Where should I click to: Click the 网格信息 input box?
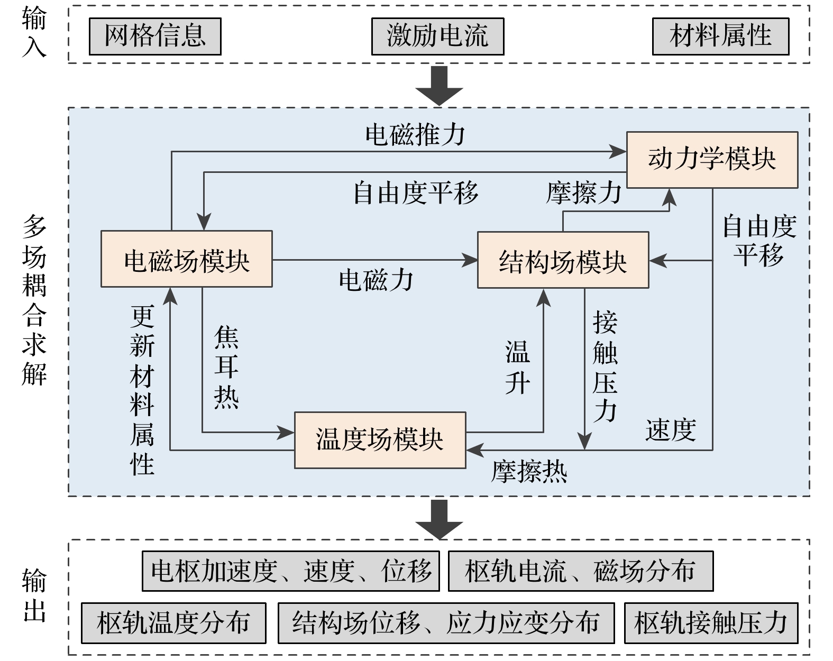point(155,36)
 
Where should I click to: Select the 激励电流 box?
point(437,36)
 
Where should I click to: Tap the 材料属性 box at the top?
point(720,36)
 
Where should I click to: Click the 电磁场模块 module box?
point(187,259)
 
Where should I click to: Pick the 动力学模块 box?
point(712,160)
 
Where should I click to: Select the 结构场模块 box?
point(563,260)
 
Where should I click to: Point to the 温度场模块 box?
point(380,440)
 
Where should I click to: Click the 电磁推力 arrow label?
point(415,135)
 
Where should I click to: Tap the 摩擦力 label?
point(584,192)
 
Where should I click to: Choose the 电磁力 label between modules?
point(376,280)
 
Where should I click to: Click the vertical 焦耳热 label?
point(226,367)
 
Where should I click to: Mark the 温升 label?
point(517,367)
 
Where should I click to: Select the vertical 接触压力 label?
point(605,367)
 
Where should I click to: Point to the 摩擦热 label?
point(529,471)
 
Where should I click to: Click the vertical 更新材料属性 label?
point(142,390)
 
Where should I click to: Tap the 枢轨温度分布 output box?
point(173,623)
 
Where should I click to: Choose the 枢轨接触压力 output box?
point(711,623)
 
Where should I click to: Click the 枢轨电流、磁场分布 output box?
point(580,571)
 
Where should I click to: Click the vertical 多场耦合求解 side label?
point(34,300)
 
